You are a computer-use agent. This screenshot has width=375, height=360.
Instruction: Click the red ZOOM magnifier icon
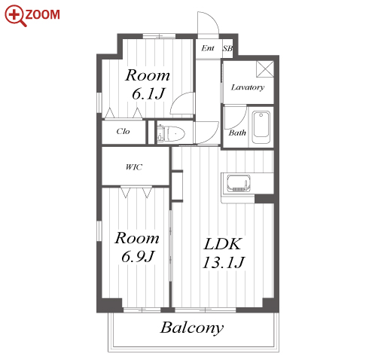tap(16, 16)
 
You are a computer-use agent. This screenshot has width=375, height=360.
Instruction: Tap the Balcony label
tap(192, 328)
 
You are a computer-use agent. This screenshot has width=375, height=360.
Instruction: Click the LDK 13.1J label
tap(223, 253)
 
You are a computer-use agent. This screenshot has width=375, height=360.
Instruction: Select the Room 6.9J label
tap(137, 247)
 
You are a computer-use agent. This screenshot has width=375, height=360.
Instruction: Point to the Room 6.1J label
tap(148, 84)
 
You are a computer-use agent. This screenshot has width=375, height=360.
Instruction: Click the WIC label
tap(134, 167)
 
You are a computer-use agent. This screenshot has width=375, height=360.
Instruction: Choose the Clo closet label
tap(123, 131)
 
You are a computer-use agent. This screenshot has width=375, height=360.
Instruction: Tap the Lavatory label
tap(248, 87)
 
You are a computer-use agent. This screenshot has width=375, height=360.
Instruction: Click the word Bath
tap(237, 133)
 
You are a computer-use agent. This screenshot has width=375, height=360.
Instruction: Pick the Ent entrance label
tap(208, 48)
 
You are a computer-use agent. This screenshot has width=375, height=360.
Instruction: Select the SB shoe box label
tap(227, 48)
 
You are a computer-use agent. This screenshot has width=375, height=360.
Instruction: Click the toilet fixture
tap(171, 133)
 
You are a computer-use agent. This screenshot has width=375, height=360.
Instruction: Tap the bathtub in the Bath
tap(261, 127)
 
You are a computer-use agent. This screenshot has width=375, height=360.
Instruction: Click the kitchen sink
tap(239, 184)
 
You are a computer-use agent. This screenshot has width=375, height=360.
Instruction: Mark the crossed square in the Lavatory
tap(265, 69)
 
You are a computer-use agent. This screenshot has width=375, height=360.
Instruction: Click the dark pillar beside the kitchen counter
tap(264, 199)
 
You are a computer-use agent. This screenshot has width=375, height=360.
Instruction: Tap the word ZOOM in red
tap(42, 14)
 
